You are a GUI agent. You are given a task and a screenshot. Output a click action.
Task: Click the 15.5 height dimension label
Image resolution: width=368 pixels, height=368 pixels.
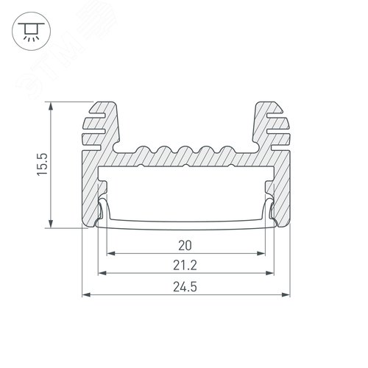click(42, 164)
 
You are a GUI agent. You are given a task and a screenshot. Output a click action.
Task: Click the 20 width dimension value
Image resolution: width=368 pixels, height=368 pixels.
click(185, 246)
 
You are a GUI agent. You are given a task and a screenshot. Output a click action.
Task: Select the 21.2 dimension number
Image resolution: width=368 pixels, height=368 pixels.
click(185, 266)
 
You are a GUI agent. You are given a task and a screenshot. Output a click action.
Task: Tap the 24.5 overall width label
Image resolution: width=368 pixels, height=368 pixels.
click(185, 287)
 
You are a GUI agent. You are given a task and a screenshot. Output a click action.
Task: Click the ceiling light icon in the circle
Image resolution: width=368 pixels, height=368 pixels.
click(31, 32)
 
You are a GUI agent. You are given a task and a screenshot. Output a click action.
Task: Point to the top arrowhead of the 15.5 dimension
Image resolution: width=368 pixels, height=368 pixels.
click(51, 106)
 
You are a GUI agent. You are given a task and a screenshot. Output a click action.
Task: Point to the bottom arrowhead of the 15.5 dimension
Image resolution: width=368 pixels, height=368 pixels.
click(51, 224)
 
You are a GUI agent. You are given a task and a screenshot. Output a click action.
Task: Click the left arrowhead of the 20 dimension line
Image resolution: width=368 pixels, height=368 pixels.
click(111, 253)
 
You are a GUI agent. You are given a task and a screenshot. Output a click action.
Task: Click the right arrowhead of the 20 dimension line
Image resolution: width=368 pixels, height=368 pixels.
click(261, 253)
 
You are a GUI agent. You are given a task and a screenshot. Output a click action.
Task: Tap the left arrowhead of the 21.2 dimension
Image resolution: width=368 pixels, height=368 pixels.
click(102, 273)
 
